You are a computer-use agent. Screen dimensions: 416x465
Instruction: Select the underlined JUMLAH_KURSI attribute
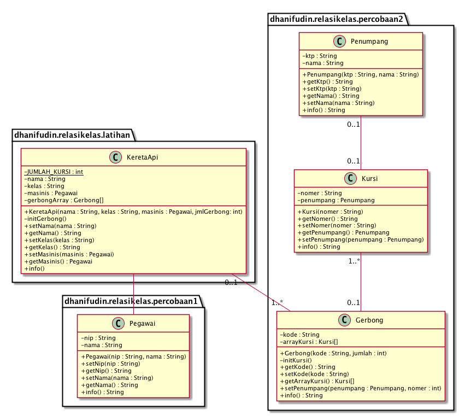(54, 172)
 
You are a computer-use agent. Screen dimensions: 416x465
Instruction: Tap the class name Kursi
(369, 179)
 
